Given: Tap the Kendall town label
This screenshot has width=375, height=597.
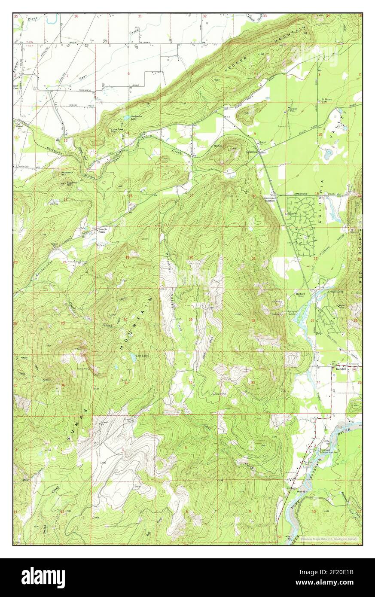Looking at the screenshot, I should (x=341, y=369).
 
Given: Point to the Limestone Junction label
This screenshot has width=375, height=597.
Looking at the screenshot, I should (x=270, y=199).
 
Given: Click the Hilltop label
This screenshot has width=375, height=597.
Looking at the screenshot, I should (x=218, y=146).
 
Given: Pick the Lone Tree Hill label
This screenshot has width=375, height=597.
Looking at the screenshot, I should (x=117, y=131).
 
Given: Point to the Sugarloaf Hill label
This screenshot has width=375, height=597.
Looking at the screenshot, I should (x=74, y=184).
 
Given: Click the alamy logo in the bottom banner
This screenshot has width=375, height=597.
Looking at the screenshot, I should (x=43, y=577).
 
